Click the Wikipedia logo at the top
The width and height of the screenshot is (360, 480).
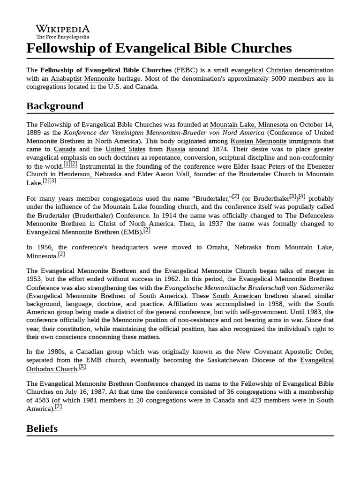click(63, 29)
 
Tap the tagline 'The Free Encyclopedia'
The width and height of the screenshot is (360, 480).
click(63, 37)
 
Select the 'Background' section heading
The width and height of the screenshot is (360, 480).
click(55, 106)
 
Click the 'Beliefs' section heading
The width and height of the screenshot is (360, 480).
click(42, 428)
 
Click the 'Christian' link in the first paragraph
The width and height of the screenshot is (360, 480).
click(279, 70)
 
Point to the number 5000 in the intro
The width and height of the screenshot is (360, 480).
click(280, 78)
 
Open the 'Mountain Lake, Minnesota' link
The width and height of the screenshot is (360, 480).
click(249, 124)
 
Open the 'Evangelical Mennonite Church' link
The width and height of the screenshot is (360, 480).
click(210, 271)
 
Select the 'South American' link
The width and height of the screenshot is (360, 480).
click(237, 296)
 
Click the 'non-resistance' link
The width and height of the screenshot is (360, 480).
click(198, 320)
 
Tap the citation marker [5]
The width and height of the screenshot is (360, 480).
click(82, 367)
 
